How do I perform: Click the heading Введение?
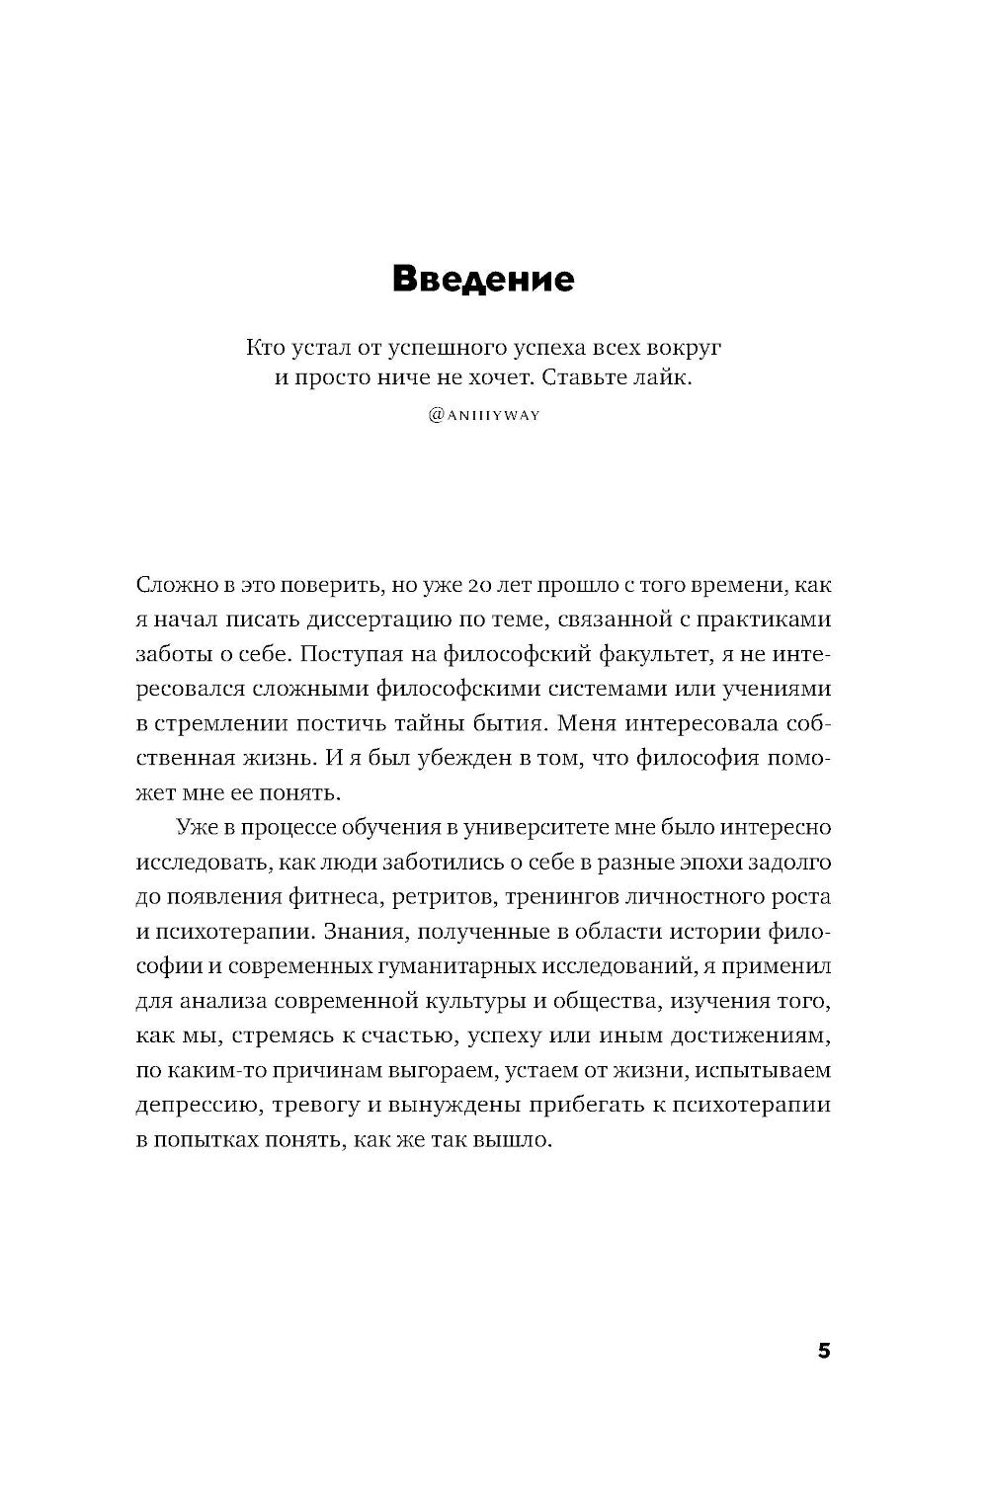point(483,279)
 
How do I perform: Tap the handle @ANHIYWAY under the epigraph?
point(484,416)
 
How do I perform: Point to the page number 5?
point(824,1351)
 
